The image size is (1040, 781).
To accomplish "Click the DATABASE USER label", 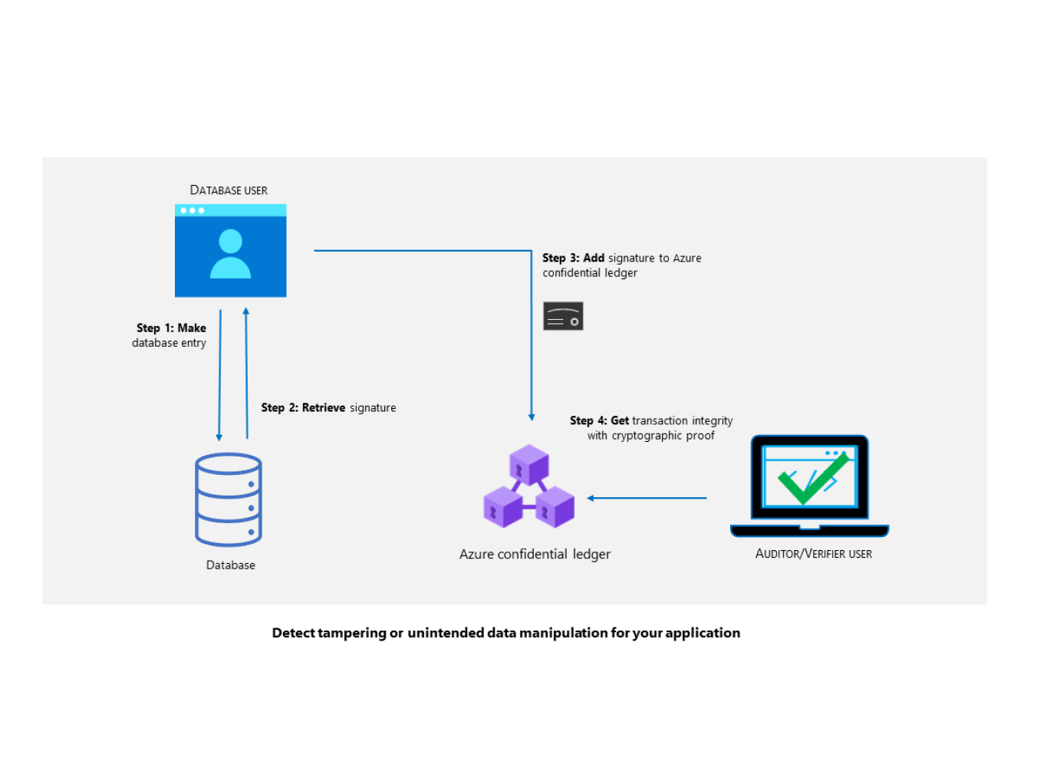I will point(229,190).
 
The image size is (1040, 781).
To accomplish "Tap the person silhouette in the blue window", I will point(230,254).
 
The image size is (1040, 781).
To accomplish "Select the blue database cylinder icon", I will point(229,499).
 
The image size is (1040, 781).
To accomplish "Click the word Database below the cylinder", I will point(231,565).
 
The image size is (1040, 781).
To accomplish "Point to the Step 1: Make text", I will point(171,328).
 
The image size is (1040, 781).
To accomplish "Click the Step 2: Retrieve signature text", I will point(328,408).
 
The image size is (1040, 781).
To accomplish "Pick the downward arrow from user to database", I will point(220,376).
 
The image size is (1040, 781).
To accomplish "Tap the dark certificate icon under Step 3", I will point(563,316).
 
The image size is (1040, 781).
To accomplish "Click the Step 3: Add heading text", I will point(573,259).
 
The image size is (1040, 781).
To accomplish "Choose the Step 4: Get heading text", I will point(599,421).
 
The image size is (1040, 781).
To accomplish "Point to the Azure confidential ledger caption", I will point(535,555).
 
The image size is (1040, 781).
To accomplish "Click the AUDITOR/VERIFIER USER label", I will point(814,554).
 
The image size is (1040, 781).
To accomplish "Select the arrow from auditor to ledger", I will point(647,499).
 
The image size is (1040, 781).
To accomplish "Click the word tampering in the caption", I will point(352,633).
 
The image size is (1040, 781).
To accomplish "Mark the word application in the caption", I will point(703,633).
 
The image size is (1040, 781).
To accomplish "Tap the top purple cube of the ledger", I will point(529,464).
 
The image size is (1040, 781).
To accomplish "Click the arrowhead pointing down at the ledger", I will point(532,417).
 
